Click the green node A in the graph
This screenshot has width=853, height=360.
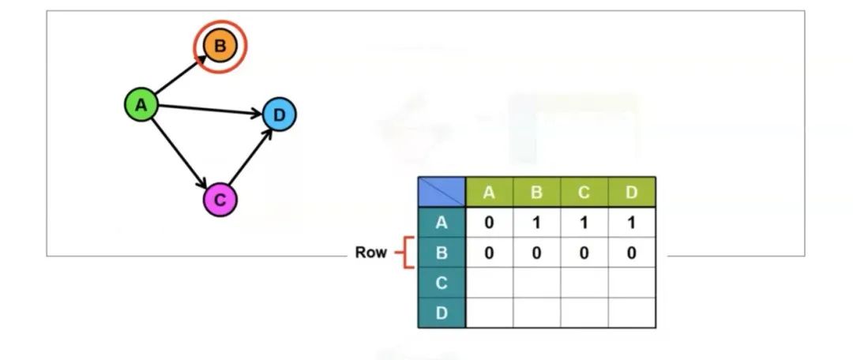[141, 104]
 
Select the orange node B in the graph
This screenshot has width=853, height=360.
[220, 46]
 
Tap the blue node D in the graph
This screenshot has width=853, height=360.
[278, 115]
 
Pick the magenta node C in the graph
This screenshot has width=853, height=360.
[220, 200]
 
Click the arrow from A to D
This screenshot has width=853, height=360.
[209, 110]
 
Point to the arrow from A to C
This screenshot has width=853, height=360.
[180, 152]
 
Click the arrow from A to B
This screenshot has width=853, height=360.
[178, 76]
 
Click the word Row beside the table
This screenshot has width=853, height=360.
[370, 253]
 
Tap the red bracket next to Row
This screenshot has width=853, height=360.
[404, 253]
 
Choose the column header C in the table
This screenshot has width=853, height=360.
[584, 192]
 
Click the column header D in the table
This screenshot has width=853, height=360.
[631, 192]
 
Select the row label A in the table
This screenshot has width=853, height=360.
[442, 223]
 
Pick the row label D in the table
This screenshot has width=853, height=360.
[442, 313]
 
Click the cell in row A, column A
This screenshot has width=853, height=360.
[489, 223]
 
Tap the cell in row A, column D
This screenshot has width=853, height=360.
[631, 223]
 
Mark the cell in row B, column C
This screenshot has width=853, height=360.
[584, 253]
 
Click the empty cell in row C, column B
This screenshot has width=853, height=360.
[536, 283]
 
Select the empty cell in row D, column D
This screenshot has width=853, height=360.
[631, 313]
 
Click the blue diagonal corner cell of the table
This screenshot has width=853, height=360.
[442, 192]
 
